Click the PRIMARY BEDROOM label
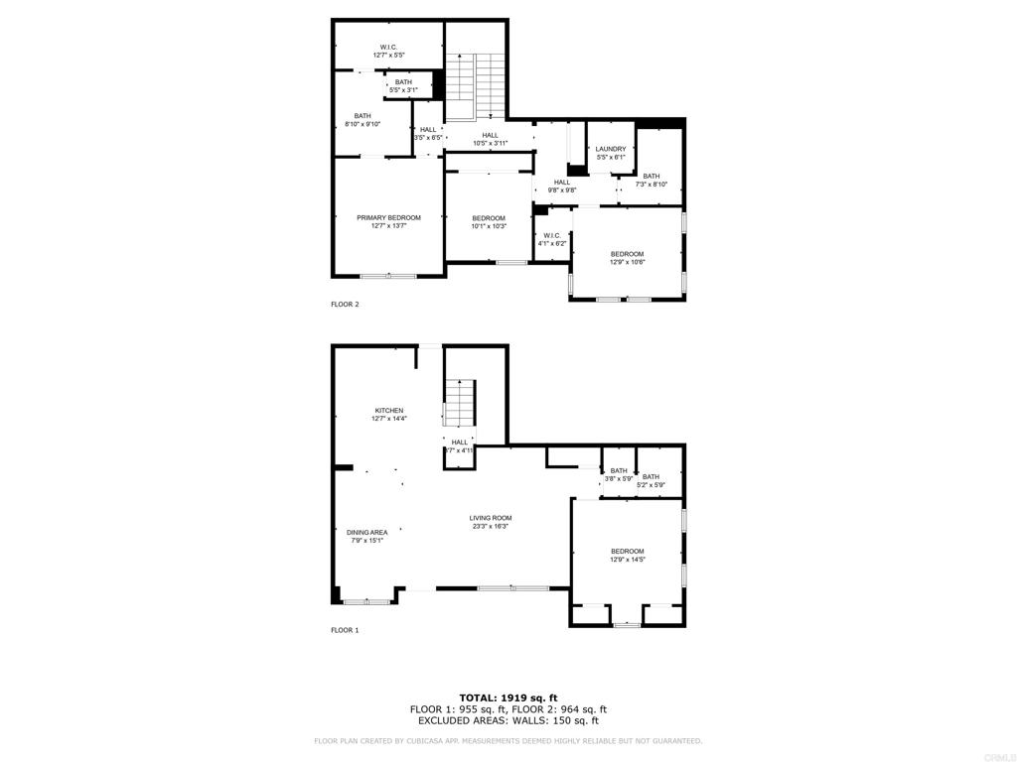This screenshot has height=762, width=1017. click(389, 218)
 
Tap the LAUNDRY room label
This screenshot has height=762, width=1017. click(611, 150)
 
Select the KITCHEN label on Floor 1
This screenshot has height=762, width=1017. click(389, 411)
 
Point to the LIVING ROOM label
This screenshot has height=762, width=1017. click(491, 518)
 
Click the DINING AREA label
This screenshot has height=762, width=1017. click(367, 533)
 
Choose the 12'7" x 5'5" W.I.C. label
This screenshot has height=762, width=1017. click(389, 48)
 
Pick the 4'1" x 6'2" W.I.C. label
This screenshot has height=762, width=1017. click(552, 236)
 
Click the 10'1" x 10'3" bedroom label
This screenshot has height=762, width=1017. click(489, 218)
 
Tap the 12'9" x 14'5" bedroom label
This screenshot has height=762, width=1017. click(627, 552)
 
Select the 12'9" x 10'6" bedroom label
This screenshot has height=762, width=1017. click(627, 254)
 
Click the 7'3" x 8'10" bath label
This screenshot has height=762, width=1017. click(651, 177)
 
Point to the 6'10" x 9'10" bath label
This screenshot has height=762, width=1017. click(363, 116)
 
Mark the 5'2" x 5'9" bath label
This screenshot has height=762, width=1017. click(651, 477)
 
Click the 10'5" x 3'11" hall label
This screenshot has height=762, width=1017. click(490, 136)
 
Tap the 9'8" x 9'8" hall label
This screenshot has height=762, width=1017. click(562, 183)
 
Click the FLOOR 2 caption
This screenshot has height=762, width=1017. click(345, 305)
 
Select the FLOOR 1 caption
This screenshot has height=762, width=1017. click(345, 630)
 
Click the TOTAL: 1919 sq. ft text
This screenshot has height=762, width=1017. click(508, 698)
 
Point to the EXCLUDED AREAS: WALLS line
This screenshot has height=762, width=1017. click(508, 721)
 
